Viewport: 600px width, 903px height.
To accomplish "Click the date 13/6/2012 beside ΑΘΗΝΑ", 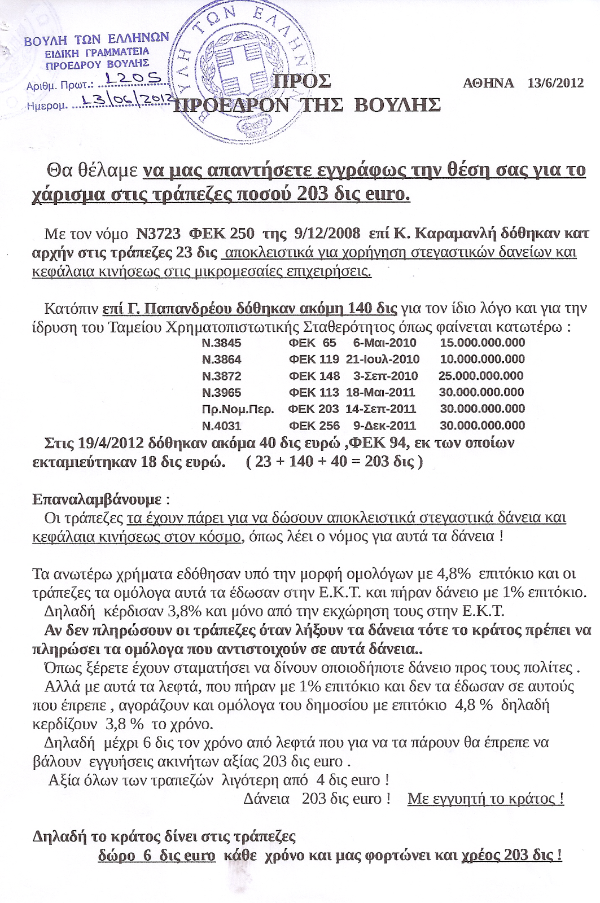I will pyautogui.click(x=555, y=83).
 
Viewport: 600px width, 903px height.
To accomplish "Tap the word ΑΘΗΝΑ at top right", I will pyautogui.click(x=488, y=83).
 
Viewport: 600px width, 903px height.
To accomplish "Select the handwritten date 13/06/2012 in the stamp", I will pyautogui.click(x=125, y=100).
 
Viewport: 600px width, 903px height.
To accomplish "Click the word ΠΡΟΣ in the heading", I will pyautogui.click(x=301, y=81).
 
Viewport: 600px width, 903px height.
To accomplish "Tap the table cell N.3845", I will pyautogui.click(x=221, y=343).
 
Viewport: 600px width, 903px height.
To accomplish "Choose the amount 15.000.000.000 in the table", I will pyautogui.click(x=482, y=343).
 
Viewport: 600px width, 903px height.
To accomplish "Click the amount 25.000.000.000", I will pyautogui.click(x=481, y=376).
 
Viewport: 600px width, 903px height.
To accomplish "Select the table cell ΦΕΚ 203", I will pyautogui.click(x=314, y=409).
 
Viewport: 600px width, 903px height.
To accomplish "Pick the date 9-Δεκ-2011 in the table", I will pyautogui.click(x=384, y=426).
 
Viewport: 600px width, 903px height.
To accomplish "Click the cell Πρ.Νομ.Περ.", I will pyautogui.click(x=238, y=409).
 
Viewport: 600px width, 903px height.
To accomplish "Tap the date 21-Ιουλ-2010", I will pyautogui.click(x=383, y=359).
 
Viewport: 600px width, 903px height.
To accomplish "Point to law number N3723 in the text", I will pyautogui.click(x=158, y=233).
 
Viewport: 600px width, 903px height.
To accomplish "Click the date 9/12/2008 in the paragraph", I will pyautogui.click(x=327, y=233).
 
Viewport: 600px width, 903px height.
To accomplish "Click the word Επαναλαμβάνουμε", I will pyautogui.click(x=97, y=499).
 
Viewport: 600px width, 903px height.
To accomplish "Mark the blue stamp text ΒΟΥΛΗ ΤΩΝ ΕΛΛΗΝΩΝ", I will pyautogui.click(x=97, y=39).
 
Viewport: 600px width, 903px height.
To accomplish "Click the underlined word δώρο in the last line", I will pyautogui.click(x=117, y=856).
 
